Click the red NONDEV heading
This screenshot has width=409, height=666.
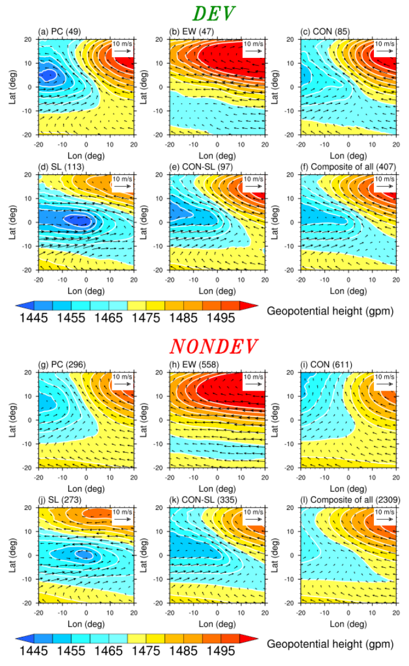(x=214, y=347)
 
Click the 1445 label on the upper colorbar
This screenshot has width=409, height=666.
(x=36, y=319)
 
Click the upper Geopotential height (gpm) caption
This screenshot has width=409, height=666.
(x=330, y=310)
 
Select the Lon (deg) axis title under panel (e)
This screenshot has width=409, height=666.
(x=217, y=291)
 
